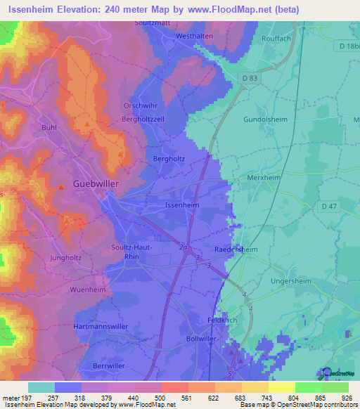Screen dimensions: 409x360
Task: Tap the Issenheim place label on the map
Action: pos(181,205)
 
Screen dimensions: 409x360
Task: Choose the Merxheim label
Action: pos(265,178)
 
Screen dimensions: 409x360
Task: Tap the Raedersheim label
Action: pos(236,249)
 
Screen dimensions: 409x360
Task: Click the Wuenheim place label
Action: pos(88,290)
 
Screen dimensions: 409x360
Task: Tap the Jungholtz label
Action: pos(65,257)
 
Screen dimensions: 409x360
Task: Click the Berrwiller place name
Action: pos(112,366)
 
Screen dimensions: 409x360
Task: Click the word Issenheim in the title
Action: pos(33,9)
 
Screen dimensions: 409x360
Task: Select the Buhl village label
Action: pos(49,128)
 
